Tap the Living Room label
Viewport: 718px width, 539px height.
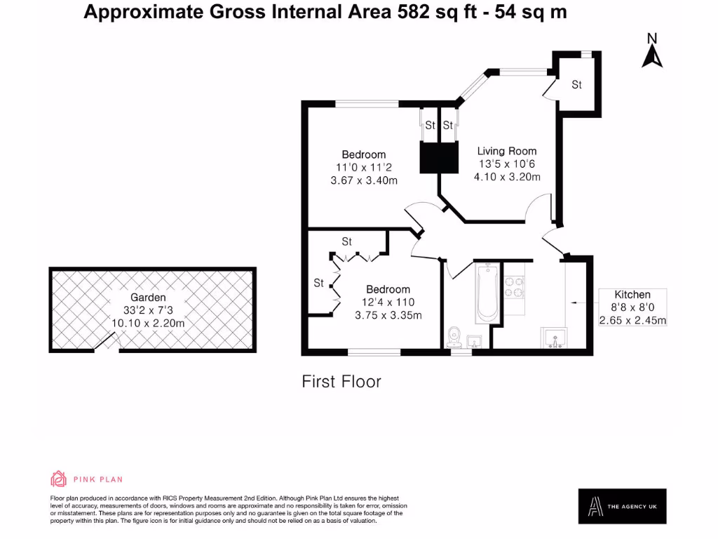(x=507, y=151)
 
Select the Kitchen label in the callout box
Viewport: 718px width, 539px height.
(x=632, y=295)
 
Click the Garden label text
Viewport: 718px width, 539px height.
(x=148, y=298)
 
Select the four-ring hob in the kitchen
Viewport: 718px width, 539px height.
(x=515, y=287)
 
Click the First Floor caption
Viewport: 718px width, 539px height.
(x=341, y=382)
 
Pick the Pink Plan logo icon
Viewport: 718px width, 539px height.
(x=58, y=479)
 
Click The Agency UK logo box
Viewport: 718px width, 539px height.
(x=622, y=505)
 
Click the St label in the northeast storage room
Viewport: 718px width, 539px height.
(x=576, y=85)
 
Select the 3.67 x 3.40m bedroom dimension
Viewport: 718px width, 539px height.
(x=364, y=180)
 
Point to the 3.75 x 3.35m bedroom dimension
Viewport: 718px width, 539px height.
(x=388, y=315)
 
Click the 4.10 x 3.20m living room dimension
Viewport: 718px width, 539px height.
(x=507, y=177)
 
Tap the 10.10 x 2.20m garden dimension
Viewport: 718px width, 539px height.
(x=148, y=323)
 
